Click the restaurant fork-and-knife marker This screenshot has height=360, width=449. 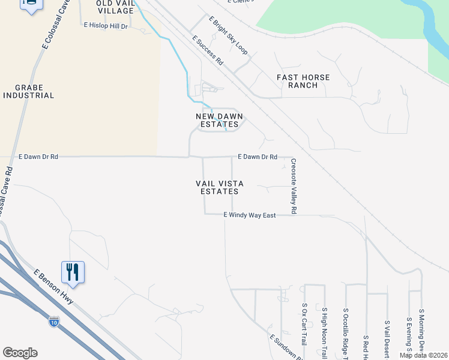(x=73, y=272)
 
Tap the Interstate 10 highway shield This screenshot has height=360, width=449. (x=54, y=322)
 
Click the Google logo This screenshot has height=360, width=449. (x=20, y=353)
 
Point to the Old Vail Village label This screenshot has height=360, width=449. (x=115, y=7)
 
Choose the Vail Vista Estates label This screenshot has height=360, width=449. (x=217, y=187)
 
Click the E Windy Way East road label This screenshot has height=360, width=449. (x=249, y=215)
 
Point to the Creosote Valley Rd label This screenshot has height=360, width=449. (x=294, y=186)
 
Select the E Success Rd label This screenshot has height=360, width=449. (x=208, y=50)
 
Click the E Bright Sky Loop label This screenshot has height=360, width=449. (x=228, y=36)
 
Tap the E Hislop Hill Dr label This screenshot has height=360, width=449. (x=106, y=26)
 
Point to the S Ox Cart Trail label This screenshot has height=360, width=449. (x=304, y=324)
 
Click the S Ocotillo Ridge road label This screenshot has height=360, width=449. (x=346, y=333)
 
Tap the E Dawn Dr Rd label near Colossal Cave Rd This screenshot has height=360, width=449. (x=38, y=157)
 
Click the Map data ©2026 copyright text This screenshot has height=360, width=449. (x=423, y=355)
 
